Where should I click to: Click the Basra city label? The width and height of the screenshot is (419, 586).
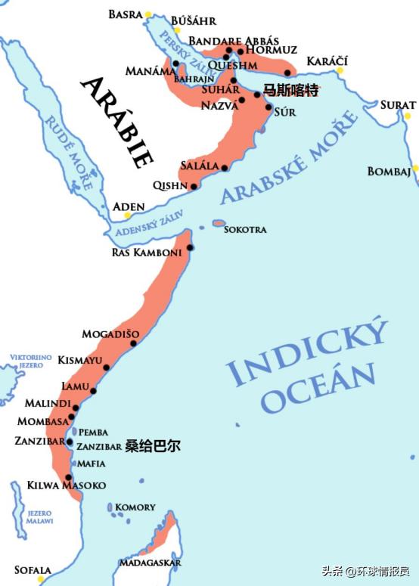[x=125, y=14]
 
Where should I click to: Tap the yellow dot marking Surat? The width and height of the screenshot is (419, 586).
[x=408, y=116]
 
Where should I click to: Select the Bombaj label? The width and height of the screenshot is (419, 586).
[x=389, y=172]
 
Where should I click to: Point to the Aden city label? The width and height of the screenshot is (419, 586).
[x=128, y=206]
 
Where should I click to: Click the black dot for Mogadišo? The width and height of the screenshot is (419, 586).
[x=133, y=343]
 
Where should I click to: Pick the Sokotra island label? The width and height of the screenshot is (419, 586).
[x=245, y=228]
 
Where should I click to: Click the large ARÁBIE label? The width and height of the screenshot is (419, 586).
[x=117, y=121]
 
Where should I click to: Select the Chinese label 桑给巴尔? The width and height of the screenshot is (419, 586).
[x=153, y=446]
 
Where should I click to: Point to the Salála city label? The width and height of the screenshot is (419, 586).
[x=199, y=165]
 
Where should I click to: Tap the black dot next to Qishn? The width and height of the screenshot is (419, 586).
[x=194, y=186]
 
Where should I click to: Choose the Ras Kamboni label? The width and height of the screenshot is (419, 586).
[x=146, y=252]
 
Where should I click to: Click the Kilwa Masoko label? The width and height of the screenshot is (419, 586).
[x=67, y=485]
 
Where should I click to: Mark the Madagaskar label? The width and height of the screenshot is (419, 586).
[x=150, y=563]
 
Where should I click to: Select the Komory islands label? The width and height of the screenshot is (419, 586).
[x=135, y=507]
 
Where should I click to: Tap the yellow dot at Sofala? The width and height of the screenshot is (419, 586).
[x=42, y=579]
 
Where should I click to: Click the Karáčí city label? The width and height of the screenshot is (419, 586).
[x=327, y=60]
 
